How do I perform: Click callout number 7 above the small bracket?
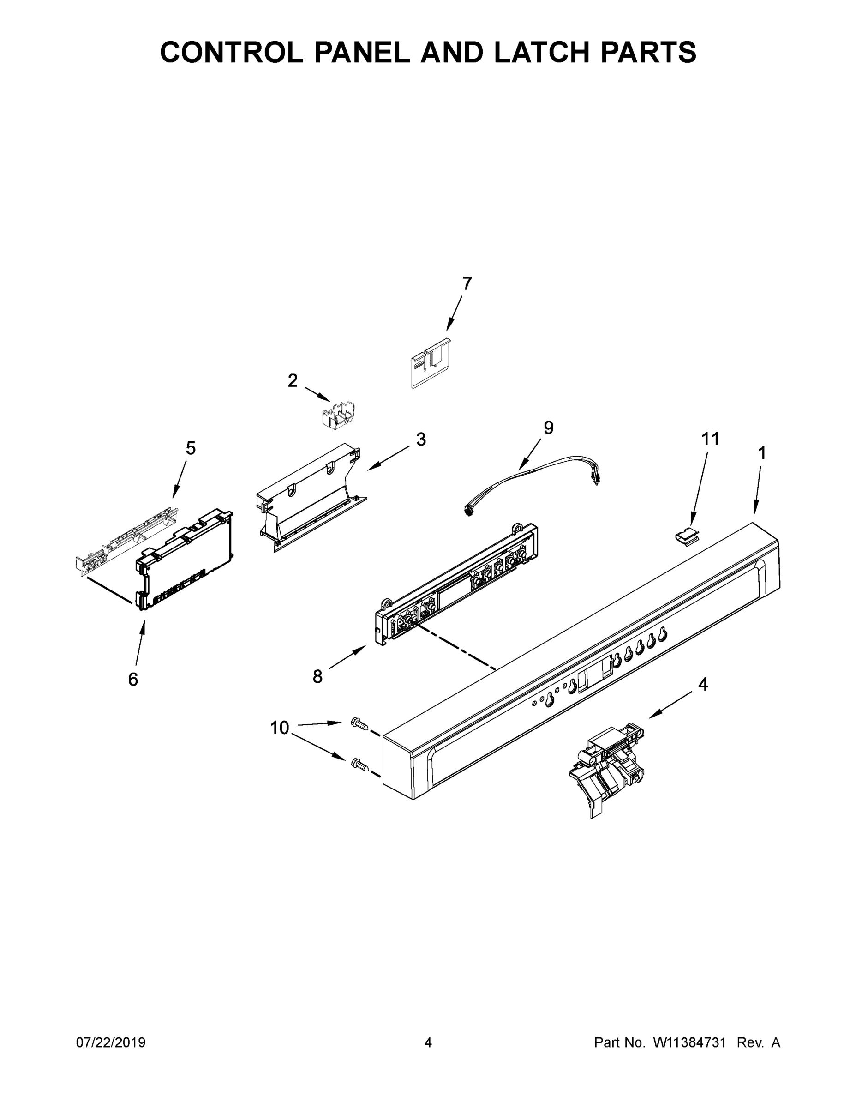(x=467, y=283)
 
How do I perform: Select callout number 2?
(x=293, y=380)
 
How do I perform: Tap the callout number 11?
(x=711, y=439)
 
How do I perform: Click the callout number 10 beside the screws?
(x=280, y=728)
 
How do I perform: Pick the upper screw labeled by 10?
(x=359, y=724)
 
